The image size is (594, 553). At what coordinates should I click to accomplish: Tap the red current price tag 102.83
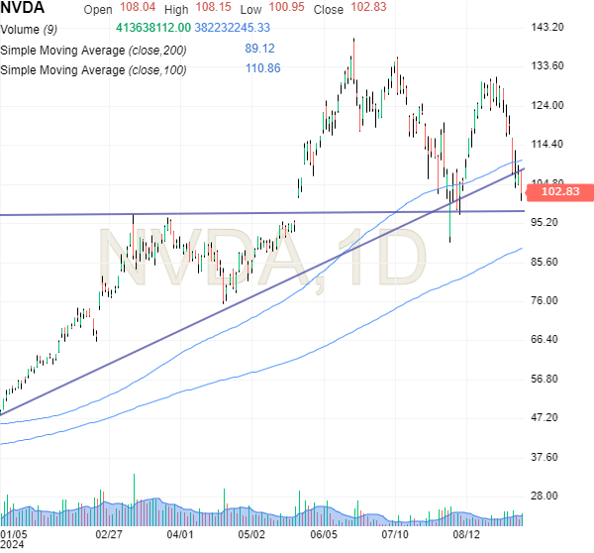click(x=566, y=192)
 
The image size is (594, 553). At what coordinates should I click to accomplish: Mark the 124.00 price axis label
click(x=547, y=105)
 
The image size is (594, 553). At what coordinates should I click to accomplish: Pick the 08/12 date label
click(x=466, y=533)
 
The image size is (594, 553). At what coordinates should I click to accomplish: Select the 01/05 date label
click(x=15, y=533)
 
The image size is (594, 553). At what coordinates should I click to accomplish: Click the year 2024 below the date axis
click(x=13, y=545)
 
